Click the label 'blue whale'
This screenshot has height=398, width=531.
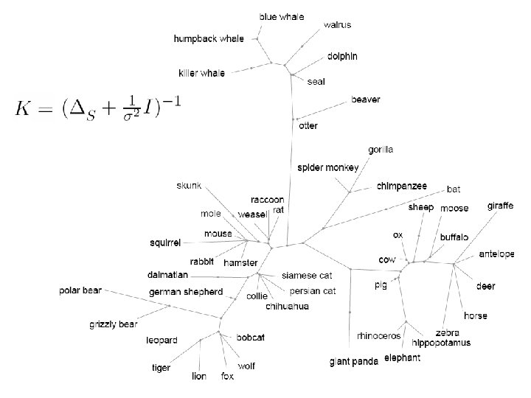[x=282, y=16]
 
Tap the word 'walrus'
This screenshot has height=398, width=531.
[x=338, y=24]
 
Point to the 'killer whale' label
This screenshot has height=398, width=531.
[x=202, y=72]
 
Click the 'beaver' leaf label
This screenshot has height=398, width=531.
[x=366, y=99]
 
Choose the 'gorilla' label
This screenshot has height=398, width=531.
[x=381, y=150]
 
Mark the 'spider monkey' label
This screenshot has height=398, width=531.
[x=328, y=167]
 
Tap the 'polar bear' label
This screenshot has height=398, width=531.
[x=80, y=290]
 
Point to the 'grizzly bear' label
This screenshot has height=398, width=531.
[x=114, y=324]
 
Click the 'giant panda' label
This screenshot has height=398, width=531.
[x=354, y=361]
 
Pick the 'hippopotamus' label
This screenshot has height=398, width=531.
[x=441, y=343]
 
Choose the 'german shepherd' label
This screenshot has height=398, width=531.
[x=185, y=292]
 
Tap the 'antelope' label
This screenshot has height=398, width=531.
[x=496, y=254]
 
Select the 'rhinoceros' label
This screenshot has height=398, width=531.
[x=379, y=336]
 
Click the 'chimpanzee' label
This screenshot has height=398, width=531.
[x=402, y=186]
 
